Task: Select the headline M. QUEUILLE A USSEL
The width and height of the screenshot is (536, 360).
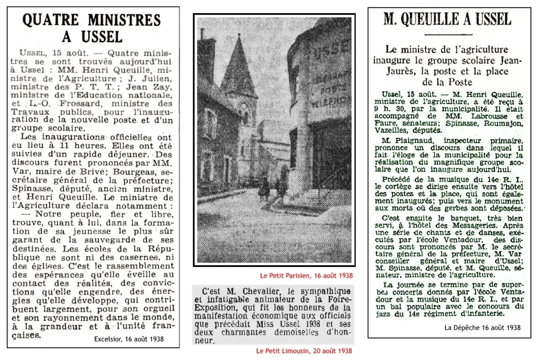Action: coord(447,20)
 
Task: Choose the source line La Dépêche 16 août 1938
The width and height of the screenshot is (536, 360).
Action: coord(482,328)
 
